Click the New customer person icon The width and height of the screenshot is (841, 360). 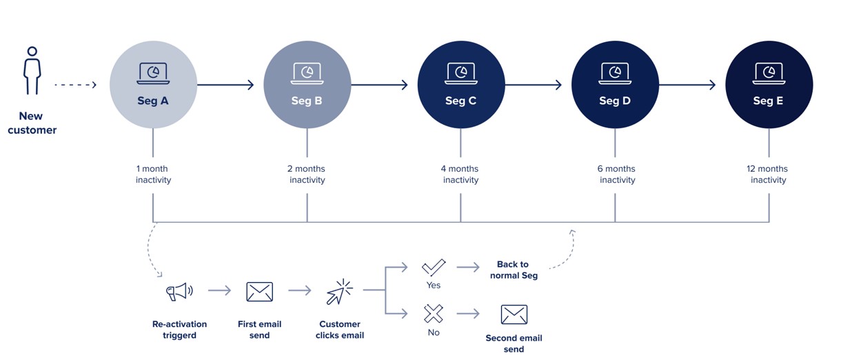tap(32, 70)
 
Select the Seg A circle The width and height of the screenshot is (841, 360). tap(153, 85)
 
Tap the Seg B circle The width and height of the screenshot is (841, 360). tap(307, 85)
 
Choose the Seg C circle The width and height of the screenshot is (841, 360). tap(460, 85)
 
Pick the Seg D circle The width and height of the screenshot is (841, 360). tap(615, 85)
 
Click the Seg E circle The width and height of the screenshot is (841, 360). tap(769, 85)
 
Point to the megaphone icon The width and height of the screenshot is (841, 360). tap(179, 291)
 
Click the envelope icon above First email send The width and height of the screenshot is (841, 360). tap(259, 292)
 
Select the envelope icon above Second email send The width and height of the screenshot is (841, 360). tap(514, 314)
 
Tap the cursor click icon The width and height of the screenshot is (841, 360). tap(339, 292)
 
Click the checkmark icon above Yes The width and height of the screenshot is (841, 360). tap(434, 268)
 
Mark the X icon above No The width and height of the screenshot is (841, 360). tap(434, 314)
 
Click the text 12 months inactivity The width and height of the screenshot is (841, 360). tap(767, 174)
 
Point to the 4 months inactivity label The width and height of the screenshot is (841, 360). tap(460, 174)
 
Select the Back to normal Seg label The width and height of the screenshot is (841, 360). tap(513, 270)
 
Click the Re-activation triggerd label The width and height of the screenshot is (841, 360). tap(179, 330)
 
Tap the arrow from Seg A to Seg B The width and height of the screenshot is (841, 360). tap(225, 85)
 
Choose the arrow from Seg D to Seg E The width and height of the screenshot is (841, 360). tap(687, 85)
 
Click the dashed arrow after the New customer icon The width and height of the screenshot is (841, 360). tap(75, 85)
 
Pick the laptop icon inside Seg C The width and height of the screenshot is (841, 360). tap(460, 72)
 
